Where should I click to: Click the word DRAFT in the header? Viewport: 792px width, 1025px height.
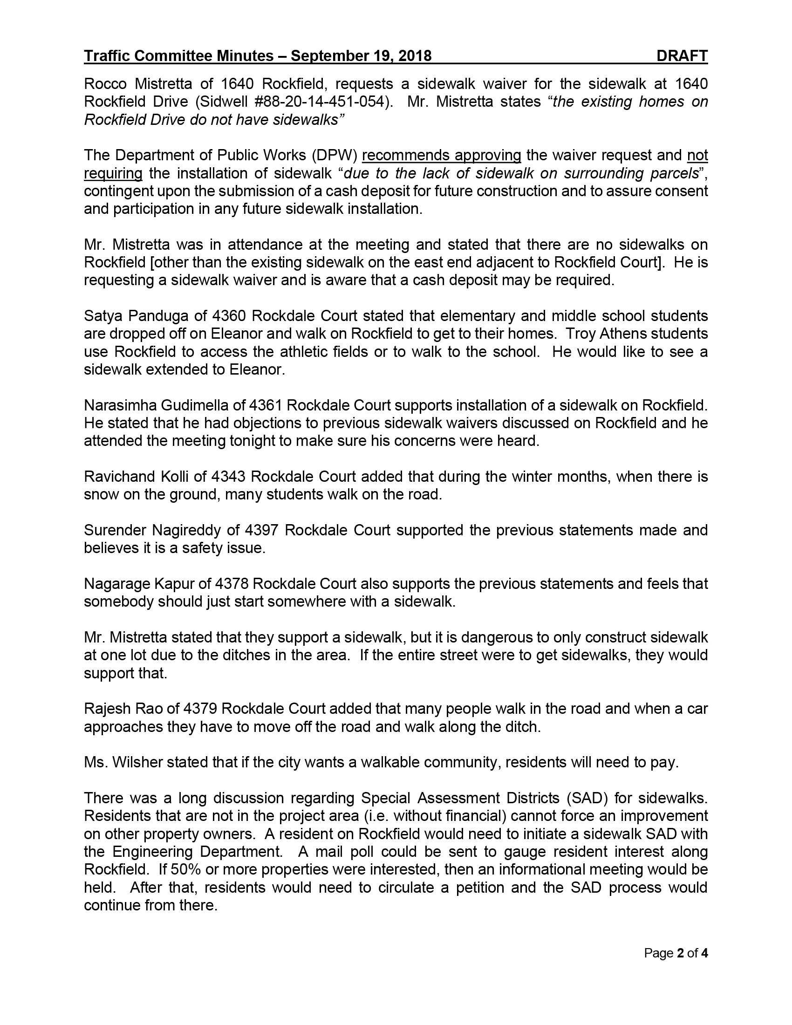(682, 56)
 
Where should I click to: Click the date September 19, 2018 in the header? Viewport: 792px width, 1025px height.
(361, 56)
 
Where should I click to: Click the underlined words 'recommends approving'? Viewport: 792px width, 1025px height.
(442, 155)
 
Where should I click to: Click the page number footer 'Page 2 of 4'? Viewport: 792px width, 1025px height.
(675, 953)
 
